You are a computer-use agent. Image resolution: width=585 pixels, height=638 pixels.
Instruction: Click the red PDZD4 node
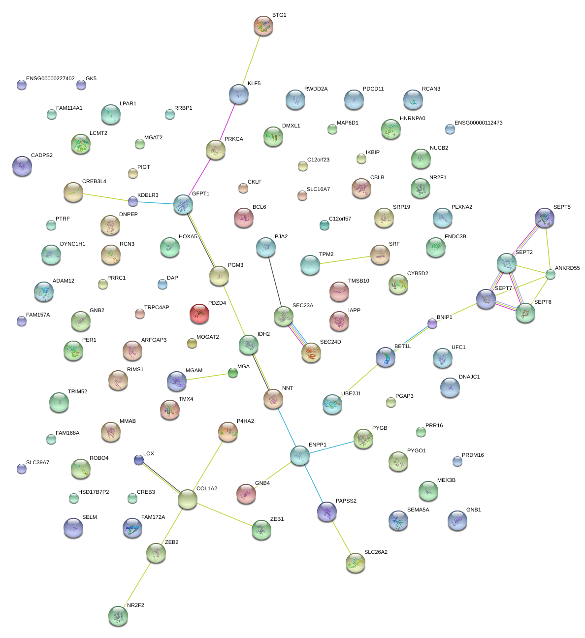(199, 314)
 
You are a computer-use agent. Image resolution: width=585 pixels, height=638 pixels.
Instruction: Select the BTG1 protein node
(263, 26)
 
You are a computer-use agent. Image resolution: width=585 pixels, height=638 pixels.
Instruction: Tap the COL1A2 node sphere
(187, 499)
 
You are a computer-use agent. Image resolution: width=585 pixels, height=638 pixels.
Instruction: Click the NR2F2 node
(118, 615)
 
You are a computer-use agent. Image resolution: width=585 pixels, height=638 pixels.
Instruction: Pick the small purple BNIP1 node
(432, 323)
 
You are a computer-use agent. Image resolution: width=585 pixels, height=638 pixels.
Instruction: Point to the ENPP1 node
(299, 456)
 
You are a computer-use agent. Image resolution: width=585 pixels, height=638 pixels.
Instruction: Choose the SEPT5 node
(545, 218)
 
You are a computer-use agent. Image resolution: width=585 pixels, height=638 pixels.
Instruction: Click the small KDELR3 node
(133, 201)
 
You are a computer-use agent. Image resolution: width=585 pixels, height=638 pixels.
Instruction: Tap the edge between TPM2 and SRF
(345, 260)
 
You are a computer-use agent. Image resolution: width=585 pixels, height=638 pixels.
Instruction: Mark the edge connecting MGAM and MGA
(205, 377)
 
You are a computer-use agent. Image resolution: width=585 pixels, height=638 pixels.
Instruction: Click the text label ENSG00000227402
(50, 79)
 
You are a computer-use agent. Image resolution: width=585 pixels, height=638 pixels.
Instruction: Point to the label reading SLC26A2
(376, 552)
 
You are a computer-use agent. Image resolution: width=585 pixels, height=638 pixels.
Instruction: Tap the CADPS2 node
(22, 166)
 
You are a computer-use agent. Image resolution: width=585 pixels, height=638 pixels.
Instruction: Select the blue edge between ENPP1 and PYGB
(331, 447)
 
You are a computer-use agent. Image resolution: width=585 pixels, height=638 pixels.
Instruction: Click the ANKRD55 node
(551, 275)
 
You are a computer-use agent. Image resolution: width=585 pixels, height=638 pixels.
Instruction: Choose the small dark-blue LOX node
(139, 460)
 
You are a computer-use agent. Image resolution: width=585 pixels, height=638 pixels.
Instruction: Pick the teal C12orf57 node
(324, 225)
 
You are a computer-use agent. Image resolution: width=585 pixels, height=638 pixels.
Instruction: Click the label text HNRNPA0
(413, 119)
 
